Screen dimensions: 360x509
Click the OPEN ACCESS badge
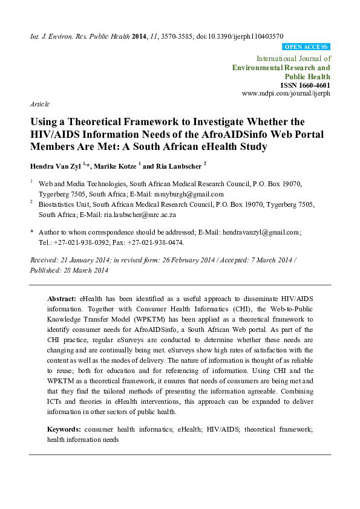(306, 47)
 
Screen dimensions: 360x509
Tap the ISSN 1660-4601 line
(305, 85)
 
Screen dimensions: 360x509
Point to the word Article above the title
(40, 104)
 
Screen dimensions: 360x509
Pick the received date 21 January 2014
(90, 259)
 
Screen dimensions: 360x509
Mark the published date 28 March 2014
(84, 270)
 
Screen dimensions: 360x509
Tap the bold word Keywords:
(64, 429)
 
